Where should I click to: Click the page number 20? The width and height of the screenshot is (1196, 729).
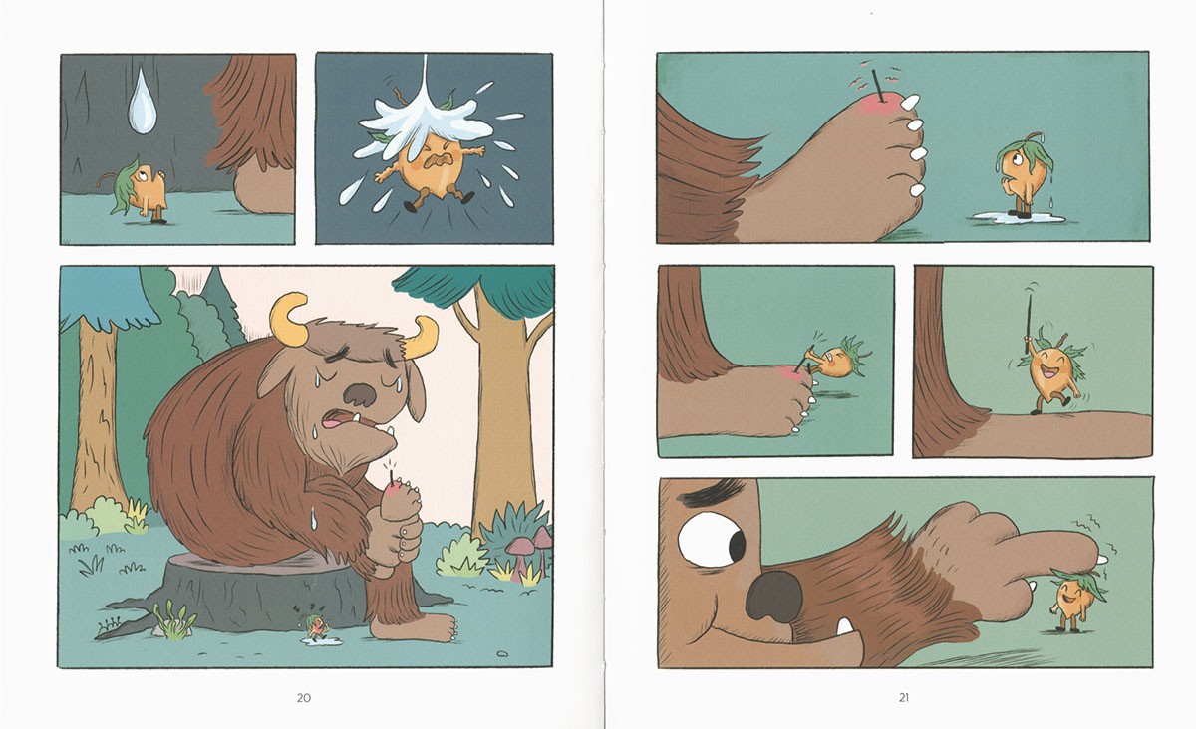pyautogui.click(x=304, y=697)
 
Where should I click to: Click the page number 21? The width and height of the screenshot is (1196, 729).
pyautogui.click(x=903, y=697)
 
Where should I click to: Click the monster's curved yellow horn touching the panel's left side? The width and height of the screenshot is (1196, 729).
pyautogui.click(x=288, y=319)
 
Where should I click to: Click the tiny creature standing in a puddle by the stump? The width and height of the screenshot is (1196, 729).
pyautogui.click(x=315, y=628)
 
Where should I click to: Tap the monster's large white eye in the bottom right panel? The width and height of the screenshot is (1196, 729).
pyautogui.click(x=710, y=541)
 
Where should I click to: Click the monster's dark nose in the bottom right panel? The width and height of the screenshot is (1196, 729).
pyautogui.click(x=773, y=596)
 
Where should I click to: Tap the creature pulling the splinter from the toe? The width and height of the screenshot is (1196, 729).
pyautogui.click(x=836, y=359)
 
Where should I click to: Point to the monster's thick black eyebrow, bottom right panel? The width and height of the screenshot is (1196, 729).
pyautogui.click(x=713, y=493)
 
